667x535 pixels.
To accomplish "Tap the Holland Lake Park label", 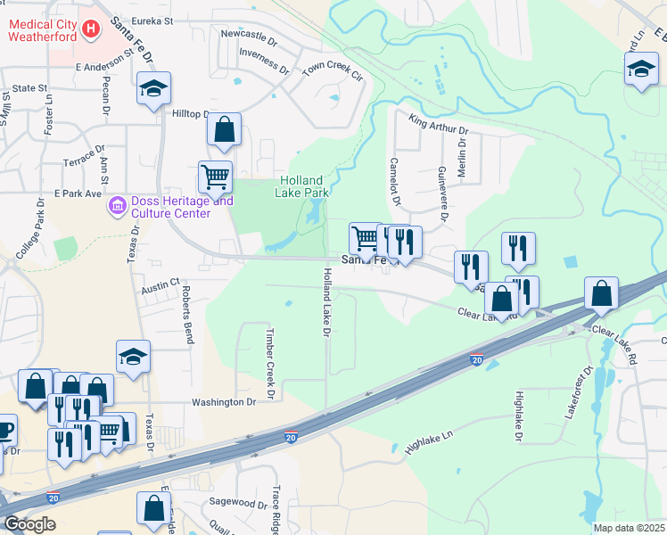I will click(x=301, y=186).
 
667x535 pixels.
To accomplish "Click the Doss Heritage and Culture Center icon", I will click(x=117, y=207).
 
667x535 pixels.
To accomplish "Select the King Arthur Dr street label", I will click(x=438, y=124).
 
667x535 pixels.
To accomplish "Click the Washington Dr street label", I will click(x=224, y=402).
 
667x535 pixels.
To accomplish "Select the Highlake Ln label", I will click(x=429, y=440).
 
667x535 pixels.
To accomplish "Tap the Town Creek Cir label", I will click(x=333, y=70).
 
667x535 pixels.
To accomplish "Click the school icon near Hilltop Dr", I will click(x=153, y=88).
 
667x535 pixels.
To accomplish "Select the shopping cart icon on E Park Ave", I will click(x=215, y=177).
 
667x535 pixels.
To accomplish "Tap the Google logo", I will click(x=29, y=524).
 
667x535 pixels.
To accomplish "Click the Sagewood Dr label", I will click(x=237, y=504).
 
